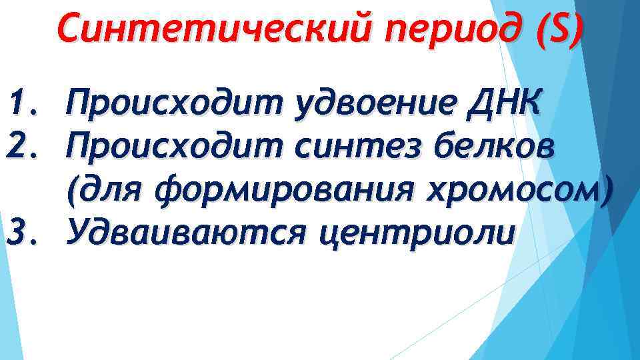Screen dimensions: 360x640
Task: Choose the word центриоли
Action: point(417,234)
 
